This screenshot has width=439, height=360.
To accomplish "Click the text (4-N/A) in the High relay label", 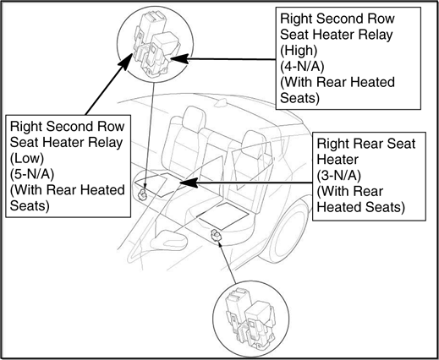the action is pyautogui.click(x=302, y=67).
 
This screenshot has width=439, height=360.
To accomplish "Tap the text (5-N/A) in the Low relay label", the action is pyautogui.click(x=32, y=174).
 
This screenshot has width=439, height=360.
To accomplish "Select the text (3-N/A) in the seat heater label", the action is pyautogui.click(x=338, y=176).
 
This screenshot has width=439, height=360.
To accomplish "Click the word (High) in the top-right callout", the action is pyautogui.click(x=299, y=51).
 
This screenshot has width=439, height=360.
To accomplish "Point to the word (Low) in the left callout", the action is pyautogui.click(x=27, y=158).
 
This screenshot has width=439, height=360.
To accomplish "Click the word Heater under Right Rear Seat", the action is pyautogui.click(x=337, y=160).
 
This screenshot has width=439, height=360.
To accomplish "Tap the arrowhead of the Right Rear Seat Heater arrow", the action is pyautogui.click(x=188, y=183).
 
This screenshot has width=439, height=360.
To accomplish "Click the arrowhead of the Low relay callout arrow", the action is pyautogui.click(x=126, y=61).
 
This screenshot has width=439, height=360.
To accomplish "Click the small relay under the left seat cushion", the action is pyautogui.click(x=142, y=194).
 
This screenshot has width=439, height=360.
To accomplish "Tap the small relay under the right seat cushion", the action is pyautogui.click(x=216, y=235).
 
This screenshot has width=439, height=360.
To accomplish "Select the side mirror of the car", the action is pyautogui.click(x=168, y=240).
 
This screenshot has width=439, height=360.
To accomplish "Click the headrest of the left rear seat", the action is pyautogui.click(x=194, y=119).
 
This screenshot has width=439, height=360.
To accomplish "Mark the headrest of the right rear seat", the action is pyautogui.click(x=254, y=143).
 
